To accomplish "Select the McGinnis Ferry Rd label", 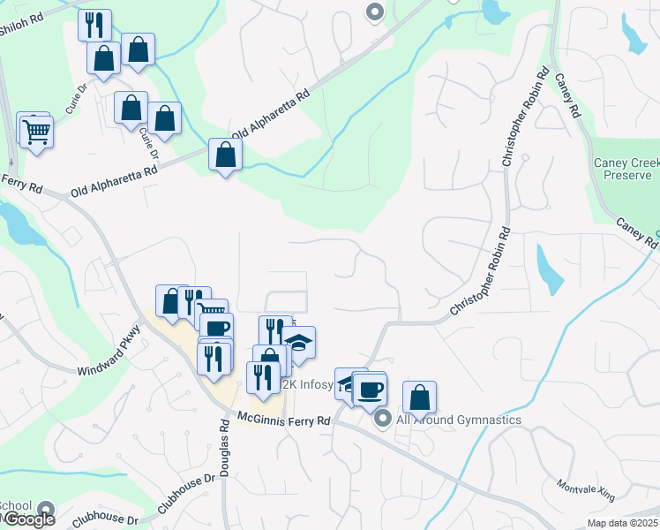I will pos(283,420).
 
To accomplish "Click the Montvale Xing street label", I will pos(584,491).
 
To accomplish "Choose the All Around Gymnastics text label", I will pos(458,420).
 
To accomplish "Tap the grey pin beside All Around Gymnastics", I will pos(382,419).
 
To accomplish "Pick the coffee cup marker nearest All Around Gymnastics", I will pos(371,388).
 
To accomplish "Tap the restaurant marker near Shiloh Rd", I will pos(95,25).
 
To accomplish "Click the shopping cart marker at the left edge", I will pos(37,132).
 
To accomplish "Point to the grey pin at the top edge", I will pos(375,12).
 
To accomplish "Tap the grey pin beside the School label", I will pos(47,510).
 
